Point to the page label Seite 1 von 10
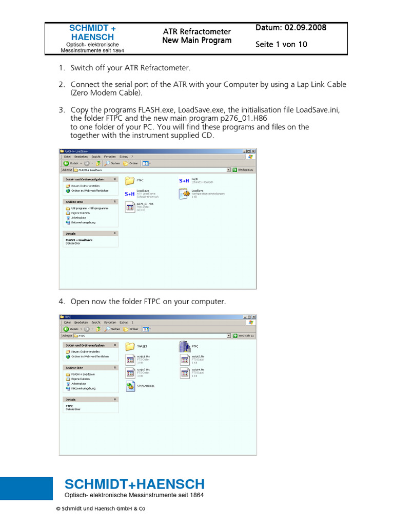(x=281, y=44)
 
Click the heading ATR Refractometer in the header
(x=196, y=31)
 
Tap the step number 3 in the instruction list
(x=62, y=110)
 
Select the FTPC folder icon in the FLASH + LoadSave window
(x=129, y=181)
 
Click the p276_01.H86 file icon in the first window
(x=129, y=206)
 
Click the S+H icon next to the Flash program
(x=184, y=181)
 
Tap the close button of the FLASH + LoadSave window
(x=253, y=151)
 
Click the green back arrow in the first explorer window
(x=66, y=163)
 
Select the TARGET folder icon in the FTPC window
(x=129, y=346)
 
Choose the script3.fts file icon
(x=129, y=372)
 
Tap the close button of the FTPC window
(x=253, y=317)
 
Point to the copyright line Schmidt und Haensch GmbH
(x=101, y=509)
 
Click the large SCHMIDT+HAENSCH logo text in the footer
(x=134, y=484)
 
